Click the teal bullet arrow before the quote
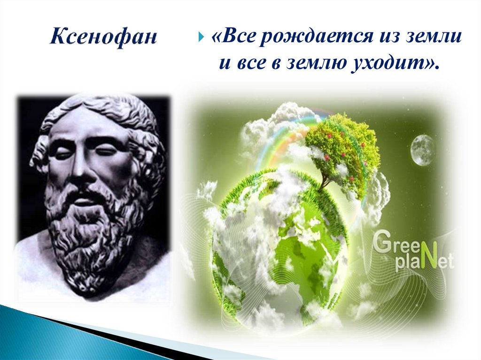click(x=202, y=38)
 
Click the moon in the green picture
click(x=423, y=150)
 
